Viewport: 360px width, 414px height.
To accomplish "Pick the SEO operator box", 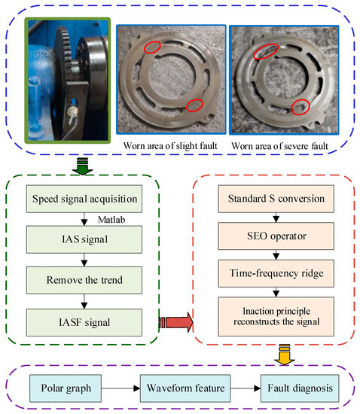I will coord(273,236).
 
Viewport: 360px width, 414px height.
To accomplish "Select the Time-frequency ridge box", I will coord(273,272).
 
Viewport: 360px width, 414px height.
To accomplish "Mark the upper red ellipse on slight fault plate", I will coord(151,47).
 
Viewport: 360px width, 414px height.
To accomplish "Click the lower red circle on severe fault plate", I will coord(300,106).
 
